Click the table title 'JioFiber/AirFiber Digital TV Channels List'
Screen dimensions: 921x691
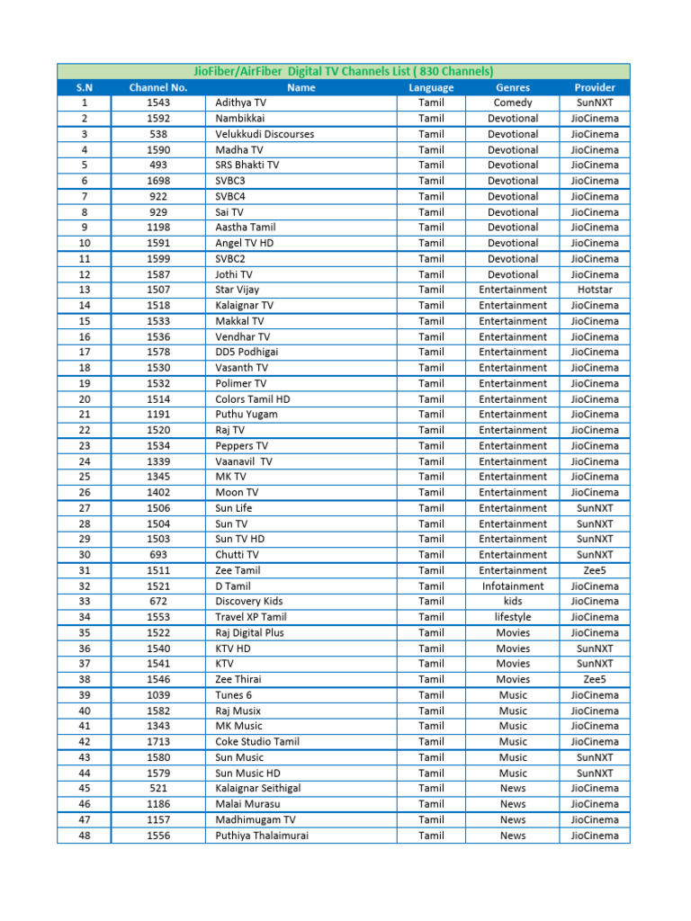pos(344,71)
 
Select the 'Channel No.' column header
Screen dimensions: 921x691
pos(158,87)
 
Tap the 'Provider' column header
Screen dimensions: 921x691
pos(595,87)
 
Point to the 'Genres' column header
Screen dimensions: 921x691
pos(513,87)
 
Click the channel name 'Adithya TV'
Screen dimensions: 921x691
pos(240,103)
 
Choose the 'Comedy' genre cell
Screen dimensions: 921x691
pos(513,103)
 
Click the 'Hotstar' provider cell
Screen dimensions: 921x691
pos(595,290)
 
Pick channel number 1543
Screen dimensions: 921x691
pos(158,103)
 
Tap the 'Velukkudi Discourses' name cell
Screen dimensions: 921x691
pos(265,134)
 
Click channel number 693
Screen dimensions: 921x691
pos(158,555)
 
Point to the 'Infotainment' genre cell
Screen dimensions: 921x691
pos(513,586)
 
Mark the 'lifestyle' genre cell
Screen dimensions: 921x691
pos(513,617)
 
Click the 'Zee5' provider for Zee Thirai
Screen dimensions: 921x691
pos(595,679)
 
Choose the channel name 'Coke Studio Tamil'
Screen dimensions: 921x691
pos(257,742)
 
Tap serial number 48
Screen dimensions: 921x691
pos(84,836)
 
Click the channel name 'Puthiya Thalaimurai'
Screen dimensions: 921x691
pos(262,836)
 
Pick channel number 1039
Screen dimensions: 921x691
pos(158,695)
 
